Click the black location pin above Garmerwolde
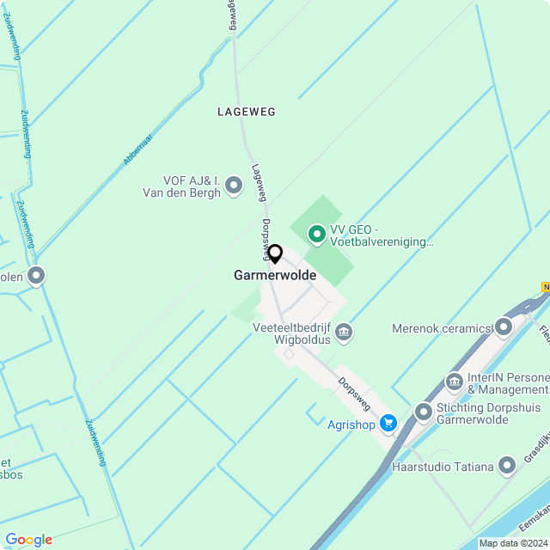coord(275,254)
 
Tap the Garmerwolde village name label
coord(275,276)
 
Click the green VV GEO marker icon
coord(316,233)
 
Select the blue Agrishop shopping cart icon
coord(388,423)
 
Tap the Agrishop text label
coord(351,424)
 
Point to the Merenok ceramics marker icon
coord(504,327)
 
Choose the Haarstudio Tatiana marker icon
coord(509,467)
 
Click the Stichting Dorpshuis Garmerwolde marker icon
coord(423,412)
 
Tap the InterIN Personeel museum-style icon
coord(454,381)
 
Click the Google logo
coord(28,539)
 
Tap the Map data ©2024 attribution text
coord(513,543)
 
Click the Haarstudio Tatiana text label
coord(442,467)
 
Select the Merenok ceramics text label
coord(440,328)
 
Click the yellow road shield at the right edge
coord(545,286)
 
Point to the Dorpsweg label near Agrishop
coord(354,393)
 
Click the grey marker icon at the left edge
coord(36,276)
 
